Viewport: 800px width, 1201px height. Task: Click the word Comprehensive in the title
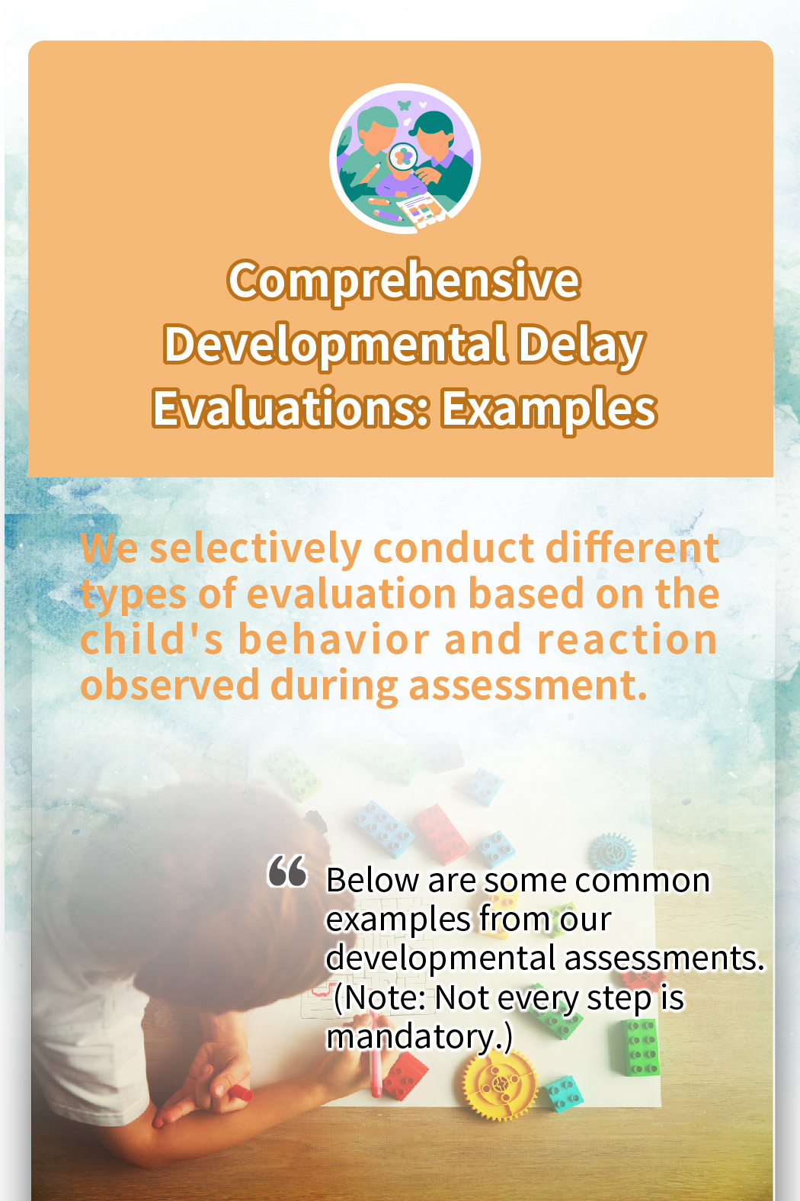click(x=404, y=282)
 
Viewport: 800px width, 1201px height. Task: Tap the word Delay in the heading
click(x=581, y=346)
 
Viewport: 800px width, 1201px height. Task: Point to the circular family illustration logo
click(x=405, y=159)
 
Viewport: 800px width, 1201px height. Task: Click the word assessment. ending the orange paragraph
click(x=528, y=686)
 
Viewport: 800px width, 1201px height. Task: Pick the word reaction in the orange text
click(x=627, y=641)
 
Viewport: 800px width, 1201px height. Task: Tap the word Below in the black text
click(x=373, y=881)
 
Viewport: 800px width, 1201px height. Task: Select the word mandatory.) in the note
click(x=419, y=1038)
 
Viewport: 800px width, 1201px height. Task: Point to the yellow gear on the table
click(x=500, y=1083)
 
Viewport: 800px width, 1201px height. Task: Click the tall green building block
click(x=642, y=1047)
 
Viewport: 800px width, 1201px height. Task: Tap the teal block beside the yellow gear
click(x=565, y=1093)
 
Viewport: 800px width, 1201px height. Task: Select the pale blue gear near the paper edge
click(x=613, y=852)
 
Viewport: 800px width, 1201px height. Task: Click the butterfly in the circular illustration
click(x=405, y=105)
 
